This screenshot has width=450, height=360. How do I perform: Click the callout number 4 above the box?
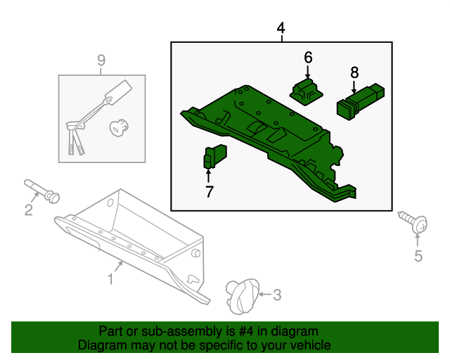coord(281,28)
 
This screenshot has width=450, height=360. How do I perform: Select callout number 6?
coord(308,57)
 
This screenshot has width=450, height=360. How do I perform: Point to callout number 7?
coord(209,191)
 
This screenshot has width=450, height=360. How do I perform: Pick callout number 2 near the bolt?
coord(29,210)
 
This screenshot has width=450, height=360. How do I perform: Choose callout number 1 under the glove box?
coord(110,280)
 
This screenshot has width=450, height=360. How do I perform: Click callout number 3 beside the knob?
coord(276,295)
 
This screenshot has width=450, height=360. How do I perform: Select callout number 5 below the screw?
coord(418,256)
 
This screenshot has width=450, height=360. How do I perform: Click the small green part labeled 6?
coord(306,91)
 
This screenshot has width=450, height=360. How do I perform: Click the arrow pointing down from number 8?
coord(354,84)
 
